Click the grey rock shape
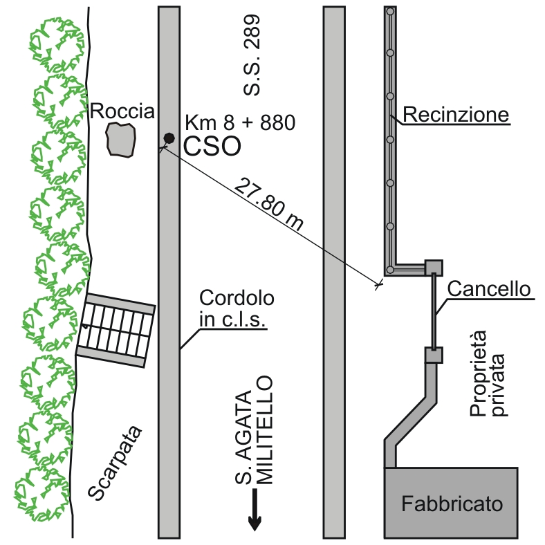tap(121, 139)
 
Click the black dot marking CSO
tap(168, 138)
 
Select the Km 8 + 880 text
tap(240, 123)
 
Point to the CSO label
tap(212, 146)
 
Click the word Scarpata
tap(116, 462)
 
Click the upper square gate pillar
tap(433, 267)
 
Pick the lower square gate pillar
tap(433, 355)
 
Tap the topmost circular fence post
tap(391, 11)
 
